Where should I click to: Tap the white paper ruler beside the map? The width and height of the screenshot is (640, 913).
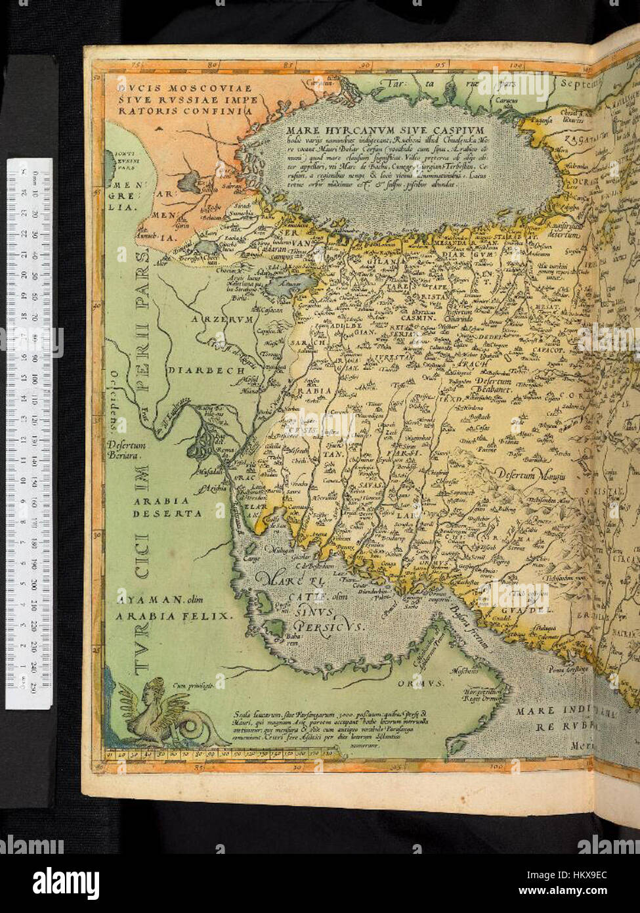(29, 434)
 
